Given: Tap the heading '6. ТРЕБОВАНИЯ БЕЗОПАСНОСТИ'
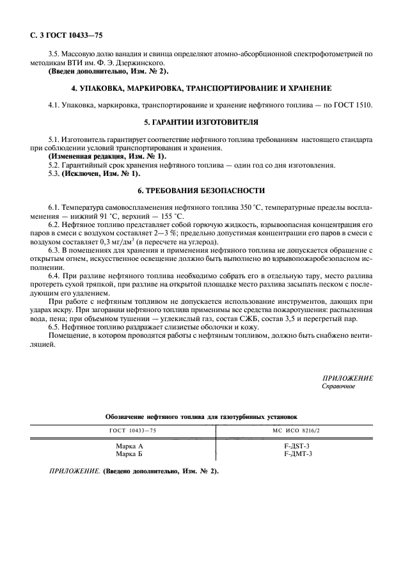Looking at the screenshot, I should tap(201, 191).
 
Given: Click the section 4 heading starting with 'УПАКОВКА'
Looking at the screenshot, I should tap(201, 87).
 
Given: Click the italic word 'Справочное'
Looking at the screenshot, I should tap(338, 387).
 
